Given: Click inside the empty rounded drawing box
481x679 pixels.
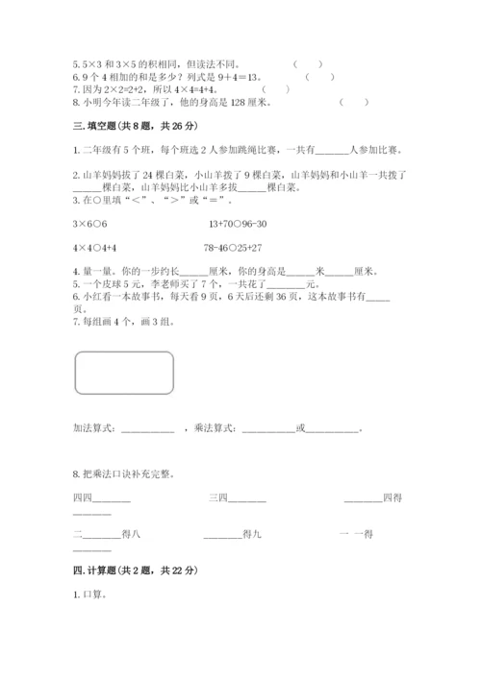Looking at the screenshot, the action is click(x=123, y=374).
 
